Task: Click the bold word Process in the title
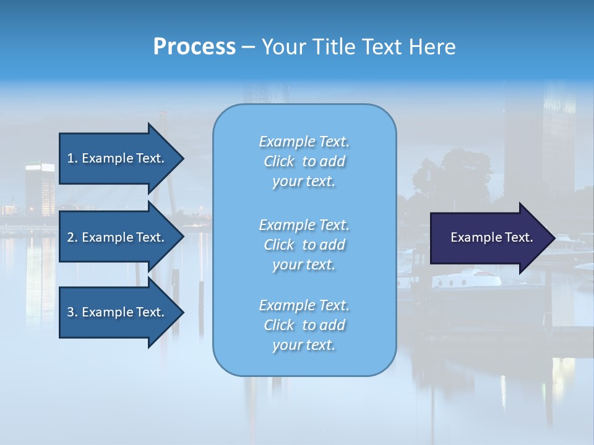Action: [x=194, y=47]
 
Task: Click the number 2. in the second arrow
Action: [x=72, y=237]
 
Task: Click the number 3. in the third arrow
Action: [x=72, y=312]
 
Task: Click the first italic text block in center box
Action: [x=304, y=161]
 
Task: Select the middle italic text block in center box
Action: [x=304, y=245]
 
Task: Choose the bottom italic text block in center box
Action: [x=304, y=325]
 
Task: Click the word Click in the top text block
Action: [x=279, y=161]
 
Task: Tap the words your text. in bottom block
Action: [x=304, y=345]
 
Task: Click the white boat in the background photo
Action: [x=467, y=278]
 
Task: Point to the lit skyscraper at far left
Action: [x=40, y=185]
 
